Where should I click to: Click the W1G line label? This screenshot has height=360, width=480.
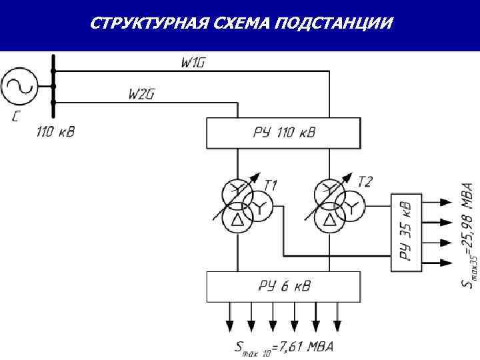pos(193,63)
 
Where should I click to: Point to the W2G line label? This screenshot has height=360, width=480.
pos(141,94)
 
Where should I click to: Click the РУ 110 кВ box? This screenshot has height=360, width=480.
pos(284,133)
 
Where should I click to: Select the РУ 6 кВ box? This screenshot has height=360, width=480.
pos(284,287)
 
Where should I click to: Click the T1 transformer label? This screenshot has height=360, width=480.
pos(271,184)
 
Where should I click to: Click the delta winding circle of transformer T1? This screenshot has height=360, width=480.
pos(237,217)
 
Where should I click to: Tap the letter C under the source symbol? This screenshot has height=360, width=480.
pos(16,118)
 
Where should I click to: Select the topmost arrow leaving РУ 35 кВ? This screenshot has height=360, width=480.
pos(437,200)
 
